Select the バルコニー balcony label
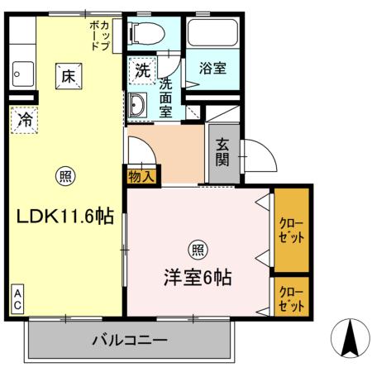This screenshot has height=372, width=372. tap(130, 340)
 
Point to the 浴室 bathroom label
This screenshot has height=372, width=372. tap(212, 69)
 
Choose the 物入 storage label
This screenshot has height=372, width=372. tap(142, 174)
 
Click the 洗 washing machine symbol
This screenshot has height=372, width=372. tap(142, 70)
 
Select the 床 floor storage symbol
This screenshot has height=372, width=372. tap(67, 75)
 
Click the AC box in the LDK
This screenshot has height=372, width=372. tap(17, 299)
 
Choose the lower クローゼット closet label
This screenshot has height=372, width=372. tap(290, 297)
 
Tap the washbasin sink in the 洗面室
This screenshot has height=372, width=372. tap(137, 105)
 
